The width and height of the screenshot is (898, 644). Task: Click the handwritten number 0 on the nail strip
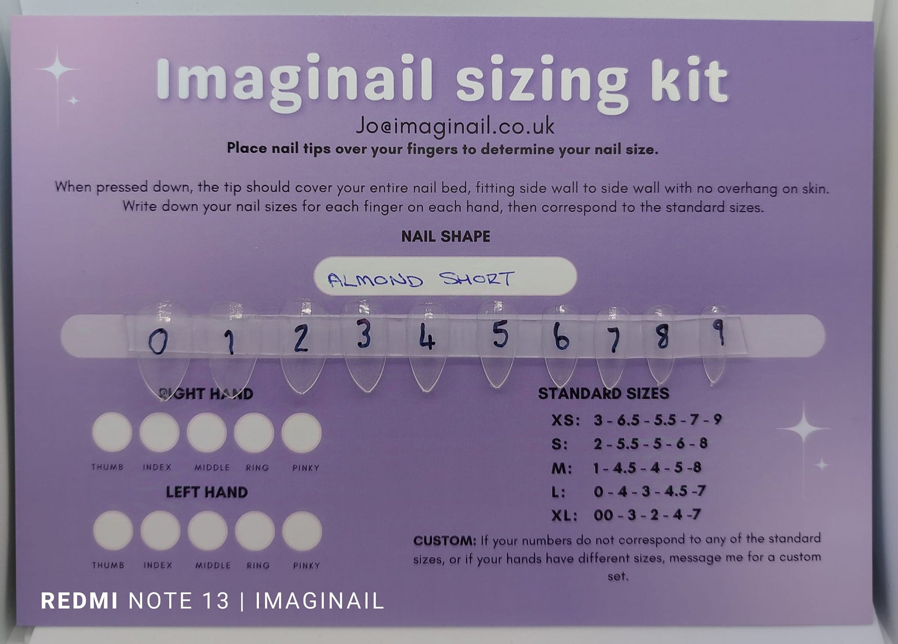pos(158,343)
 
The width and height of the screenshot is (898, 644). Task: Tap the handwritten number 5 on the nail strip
pos(500,334)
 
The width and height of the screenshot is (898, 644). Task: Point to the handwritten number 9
pos(718,333)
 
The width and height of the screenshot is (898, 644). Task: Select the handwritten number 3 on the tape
pos(364,334)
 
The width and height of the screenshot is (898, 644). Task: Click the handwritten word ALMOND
pos(375,280)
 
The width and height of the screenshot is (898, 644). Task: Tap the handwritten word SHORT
pos(476,279)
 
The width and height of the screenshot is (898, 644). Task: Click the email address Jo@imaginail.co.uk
pos(455,126)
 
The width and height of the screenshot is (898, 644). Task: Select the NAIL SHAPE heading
pos(445,236)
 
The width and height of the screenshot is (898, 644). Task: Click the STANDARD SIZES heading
pos(603,393)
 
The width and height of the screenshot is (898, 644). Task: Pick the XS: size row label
pos(565,420)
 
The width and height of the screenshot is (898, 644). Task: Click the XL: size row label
pos(564,515)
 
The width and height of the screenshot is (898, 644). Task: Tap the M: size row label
pos(562,468)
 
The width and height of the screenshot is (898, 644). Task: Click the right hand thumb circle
pos(112,432)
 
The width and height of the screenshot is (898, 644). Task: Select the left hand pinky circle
pos(302,531)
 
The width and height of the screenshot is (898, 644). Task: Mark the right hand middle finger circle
pos(207,432)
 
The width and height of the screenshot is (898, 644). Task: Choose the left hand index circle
pos(160,531)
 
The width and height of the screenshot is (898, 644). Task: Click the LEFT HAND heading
pos(207,492)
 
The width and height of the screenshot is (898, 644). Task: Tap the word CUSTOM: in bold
pos(444,540)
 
